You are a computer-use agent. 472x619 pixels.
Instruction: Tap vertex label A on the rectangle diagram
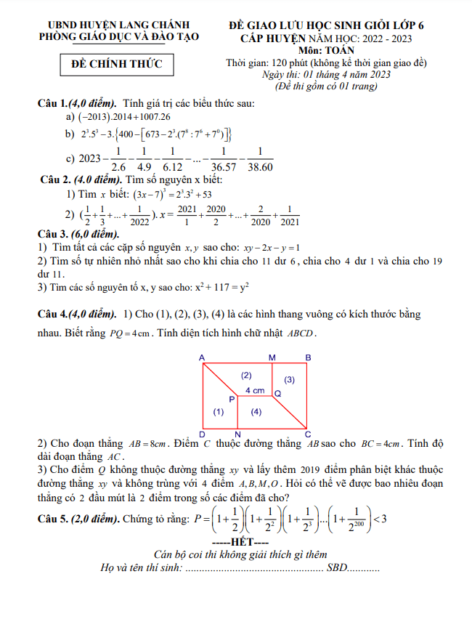tap(201, 357)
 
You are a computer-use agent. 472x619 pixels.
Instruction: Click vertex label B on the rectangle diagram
tap(308, 357)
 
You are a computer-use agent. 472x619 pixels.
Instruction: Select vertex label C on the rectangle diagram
tap(308, 434)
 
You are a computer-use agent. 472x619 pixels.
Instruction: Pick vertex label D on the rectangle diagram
tap(201, 434)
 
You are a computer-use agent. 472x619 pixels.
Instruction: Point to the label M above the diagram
tap(272, 357)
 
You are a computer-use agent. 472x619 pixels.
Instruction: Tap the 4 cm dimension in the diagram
tap(254, 390)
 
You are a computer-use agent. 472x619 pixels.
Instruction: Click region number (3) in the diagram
tap(289, 380)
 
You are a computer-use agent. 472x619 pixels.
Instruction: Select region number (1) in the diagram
tap(219, 412)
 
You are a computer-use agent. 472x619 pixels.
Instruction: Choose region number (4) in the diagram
tap(256, 412)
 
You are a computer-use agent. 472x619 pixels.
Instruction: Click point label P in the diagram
tap(232, 399)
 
